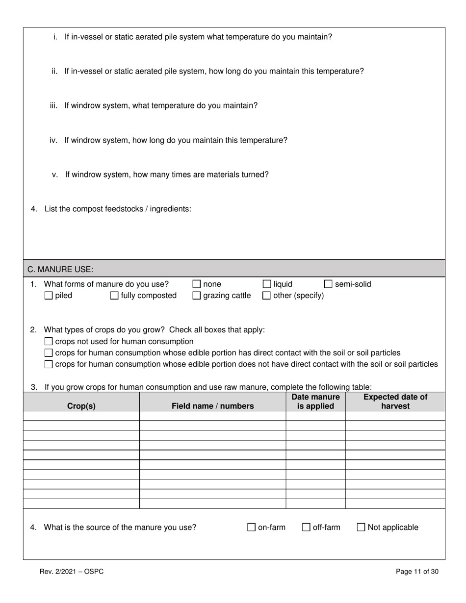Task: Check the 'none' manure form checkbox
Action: click(197, 284)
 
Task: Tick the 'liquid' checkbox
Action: click(267, 284)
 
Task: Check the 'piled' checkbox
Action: click(49, 296)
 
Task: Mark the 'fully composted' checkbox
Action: click(114, 296)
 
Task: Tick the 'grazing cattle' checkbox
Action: click(197, 296)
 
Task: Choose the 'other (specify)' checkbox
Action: click(267, 296)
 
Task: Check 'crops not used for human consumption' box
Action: click(49, 342)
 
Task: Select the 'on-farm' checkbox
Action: click(252, 528)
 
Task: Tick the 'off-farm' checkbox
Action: click(306, 528)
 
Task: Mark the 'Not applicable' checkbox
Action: click(361, 528)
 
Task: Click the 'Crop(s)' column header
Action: click(81, 406)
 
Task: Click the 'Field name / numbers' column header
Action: click(213, 406)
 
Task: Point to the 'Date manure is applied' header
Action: click(315, 402)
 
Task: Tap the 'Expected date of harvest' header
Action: click(395, 402)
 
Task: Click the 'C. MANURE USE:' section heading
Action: click(60, 269)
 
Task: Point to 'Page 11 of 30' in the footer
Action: click(417, 572)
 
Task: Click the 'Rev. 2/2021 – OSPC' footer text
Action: click(72, 572)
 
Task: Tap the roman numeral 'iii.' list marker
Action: click(53, 106)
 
